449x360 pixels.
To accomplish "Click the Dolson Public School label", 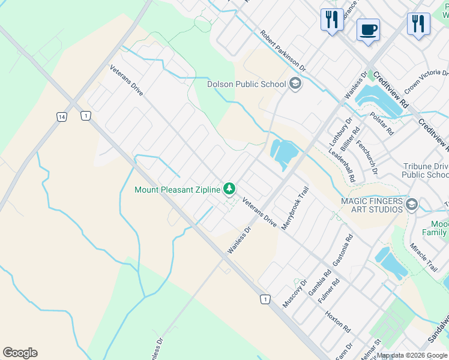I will tap(246, 84).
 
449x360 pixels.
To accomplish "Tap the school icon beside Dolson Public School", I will tap(295, 83).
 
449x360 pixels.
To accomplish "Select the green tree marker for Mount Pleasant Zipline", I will tap(229, 190).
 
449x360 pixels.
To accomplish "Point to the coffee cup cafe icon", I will tap(368, 29).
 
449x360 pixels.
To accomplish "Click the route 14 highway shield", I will tap(61, 116).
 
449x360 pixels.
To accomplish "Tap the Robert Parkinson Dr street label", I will tap(283, 52).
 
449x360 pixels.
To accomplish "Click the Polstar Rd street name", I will tap(382, 124).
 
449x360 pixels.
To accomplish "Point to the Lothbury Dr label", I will tap(340, 133).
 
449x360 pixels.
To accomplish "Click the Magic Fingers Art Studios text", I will tap(371, 206).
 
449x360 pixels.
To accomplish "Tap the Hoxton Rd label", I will tap(338, 322).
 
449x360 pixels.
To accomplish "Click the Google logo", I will tap(20, 353).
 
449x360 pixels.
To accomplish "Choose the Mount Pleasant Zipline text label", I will tap(178, 190).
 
